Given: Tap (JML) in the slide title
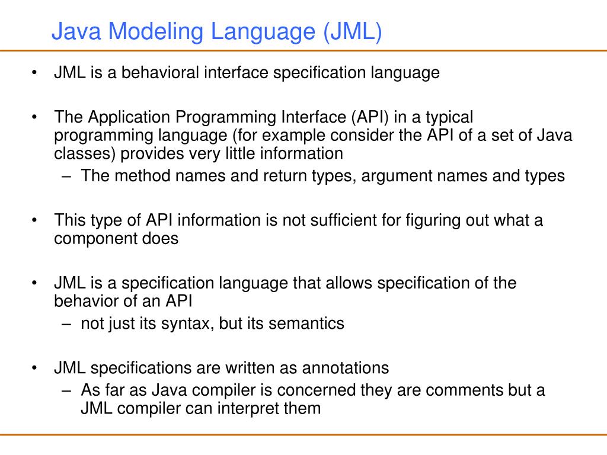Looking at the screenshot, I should coord(352,32).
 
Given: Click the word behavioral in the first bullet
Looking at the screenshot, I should coord(161,73).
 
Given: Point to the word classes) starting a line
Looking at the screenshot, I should coord(85,154).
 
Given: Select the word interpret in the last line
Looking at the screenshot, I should coord(254,409).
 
